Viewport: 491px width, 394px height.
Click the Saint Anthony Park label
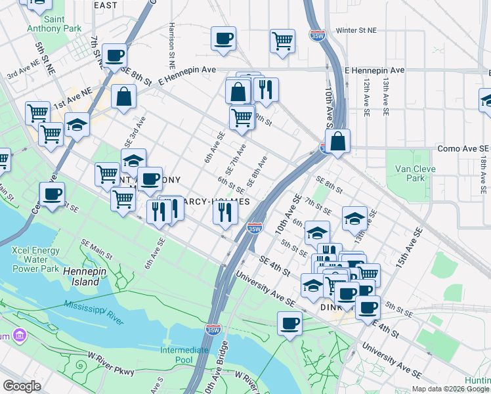(x=54, y=24)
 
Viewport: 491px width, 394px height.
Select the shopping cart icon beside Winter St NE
(x=282, y=41)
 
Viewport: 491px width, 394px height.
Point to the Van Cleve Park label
(x=412, y=173)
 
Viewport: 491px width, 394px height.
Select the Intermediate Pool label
(x=184, y=355)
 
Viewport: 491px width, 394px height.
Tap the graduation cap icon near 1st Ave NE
(x=77, y=125)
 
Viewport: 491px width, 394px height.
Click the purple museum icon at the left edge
(x=20, y=336)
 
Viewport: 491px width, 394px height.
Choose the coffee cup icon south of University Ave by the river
(x=289, y=323)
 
